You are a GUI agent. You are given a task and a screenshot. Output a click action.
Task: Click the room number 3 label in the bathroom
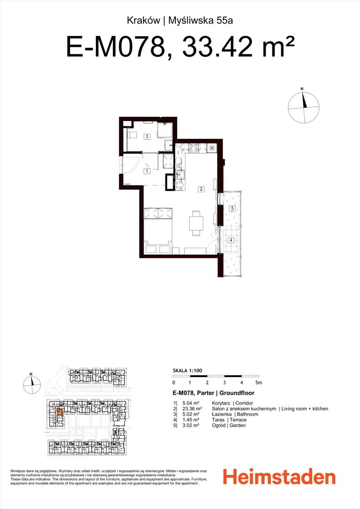(x=147, y=137)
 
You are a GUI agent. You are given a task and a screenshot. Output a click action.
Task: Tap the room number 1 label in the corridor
(x=147, y=171)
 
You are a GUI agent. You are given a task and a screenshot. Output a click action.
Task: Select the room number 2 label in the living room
(x=201, y=189)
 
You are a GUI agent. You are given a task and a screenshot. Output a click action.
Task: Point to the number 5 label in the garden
(x=232, y=209)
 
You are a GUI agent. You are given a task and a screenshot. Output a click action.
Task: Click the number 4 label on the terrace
(x=231, y=240)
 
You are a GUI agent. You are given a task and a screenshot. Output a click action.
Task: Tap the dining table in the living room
(x=196, y=223)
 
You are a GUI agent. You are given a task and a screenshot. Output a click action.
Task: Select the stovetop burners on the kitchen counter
(x=193, y=149)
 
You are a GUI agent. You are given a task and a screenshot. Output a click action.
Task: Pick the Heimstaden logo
(x=279, y=478)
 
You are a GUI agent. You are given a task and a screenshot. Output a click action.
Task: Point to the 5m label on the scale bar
(x=258, y=383)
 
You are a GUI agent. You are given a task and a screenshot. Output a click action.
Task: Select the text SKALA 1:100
(x=187, y=370)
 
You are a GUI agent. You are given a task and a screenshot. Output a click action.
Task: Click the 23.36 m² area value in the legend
(x=192, y=409)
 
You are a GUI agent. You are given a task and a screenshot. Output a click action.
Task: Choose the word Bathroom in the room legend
(x=247, y=414)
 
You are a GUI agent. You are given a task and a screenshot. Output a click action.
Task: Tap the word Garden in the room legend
(x=238, y=425)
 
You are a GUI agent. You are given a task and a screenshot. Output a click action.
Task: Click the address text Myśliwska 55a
(x=200, y=20)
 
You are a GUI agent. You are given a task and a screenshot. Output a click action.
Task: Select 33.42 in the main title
(x=217, y=47)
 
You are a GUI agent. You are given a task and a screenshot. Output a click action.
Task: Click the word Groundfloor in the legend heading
(x=237, y=393)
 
